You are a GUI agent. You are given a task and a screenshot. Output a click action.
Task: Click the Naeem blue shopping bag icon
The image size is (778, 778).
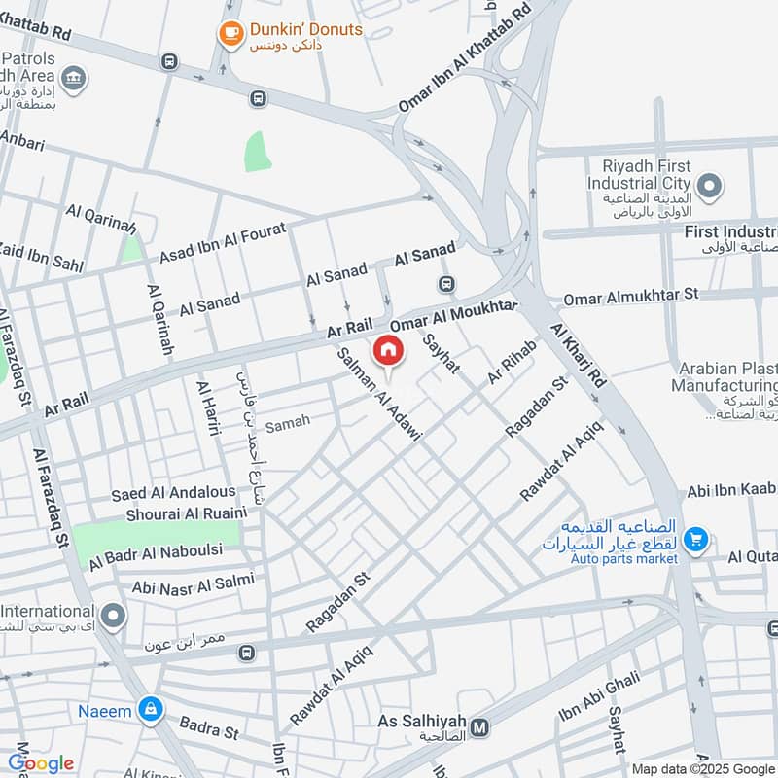click(x=150, y=711)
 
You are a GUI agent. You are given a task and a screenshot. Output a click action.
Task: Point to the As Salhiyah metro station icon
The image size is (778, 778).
click(x=478, y=726)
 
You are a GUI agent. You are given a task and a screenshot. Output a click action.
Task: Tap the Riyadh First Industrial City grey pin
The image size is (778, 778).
click(x=710, y=184)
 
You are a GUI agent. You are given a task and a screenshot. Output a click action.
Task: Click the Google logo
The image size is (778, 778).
click(x=41, y=763)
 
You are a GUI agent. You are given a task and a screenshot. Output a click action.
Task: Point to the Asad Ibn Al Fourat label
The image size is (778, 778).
click(x=224, y=243)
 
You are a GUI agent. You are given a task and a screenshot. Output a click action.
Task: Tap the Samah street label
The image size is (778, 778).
click(x=288, y=422)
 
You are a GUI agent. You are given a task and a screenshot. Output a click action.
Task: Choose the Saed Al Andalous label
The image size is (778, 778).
click(x=173, y=494)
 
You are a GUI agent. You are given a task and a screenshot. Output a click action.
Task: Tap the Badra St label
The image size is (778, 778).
click(x=209, y=726)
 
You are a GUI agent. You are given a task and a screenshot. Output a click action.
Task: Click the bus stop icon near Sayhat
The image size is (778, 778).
click(x=446, y=285)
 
